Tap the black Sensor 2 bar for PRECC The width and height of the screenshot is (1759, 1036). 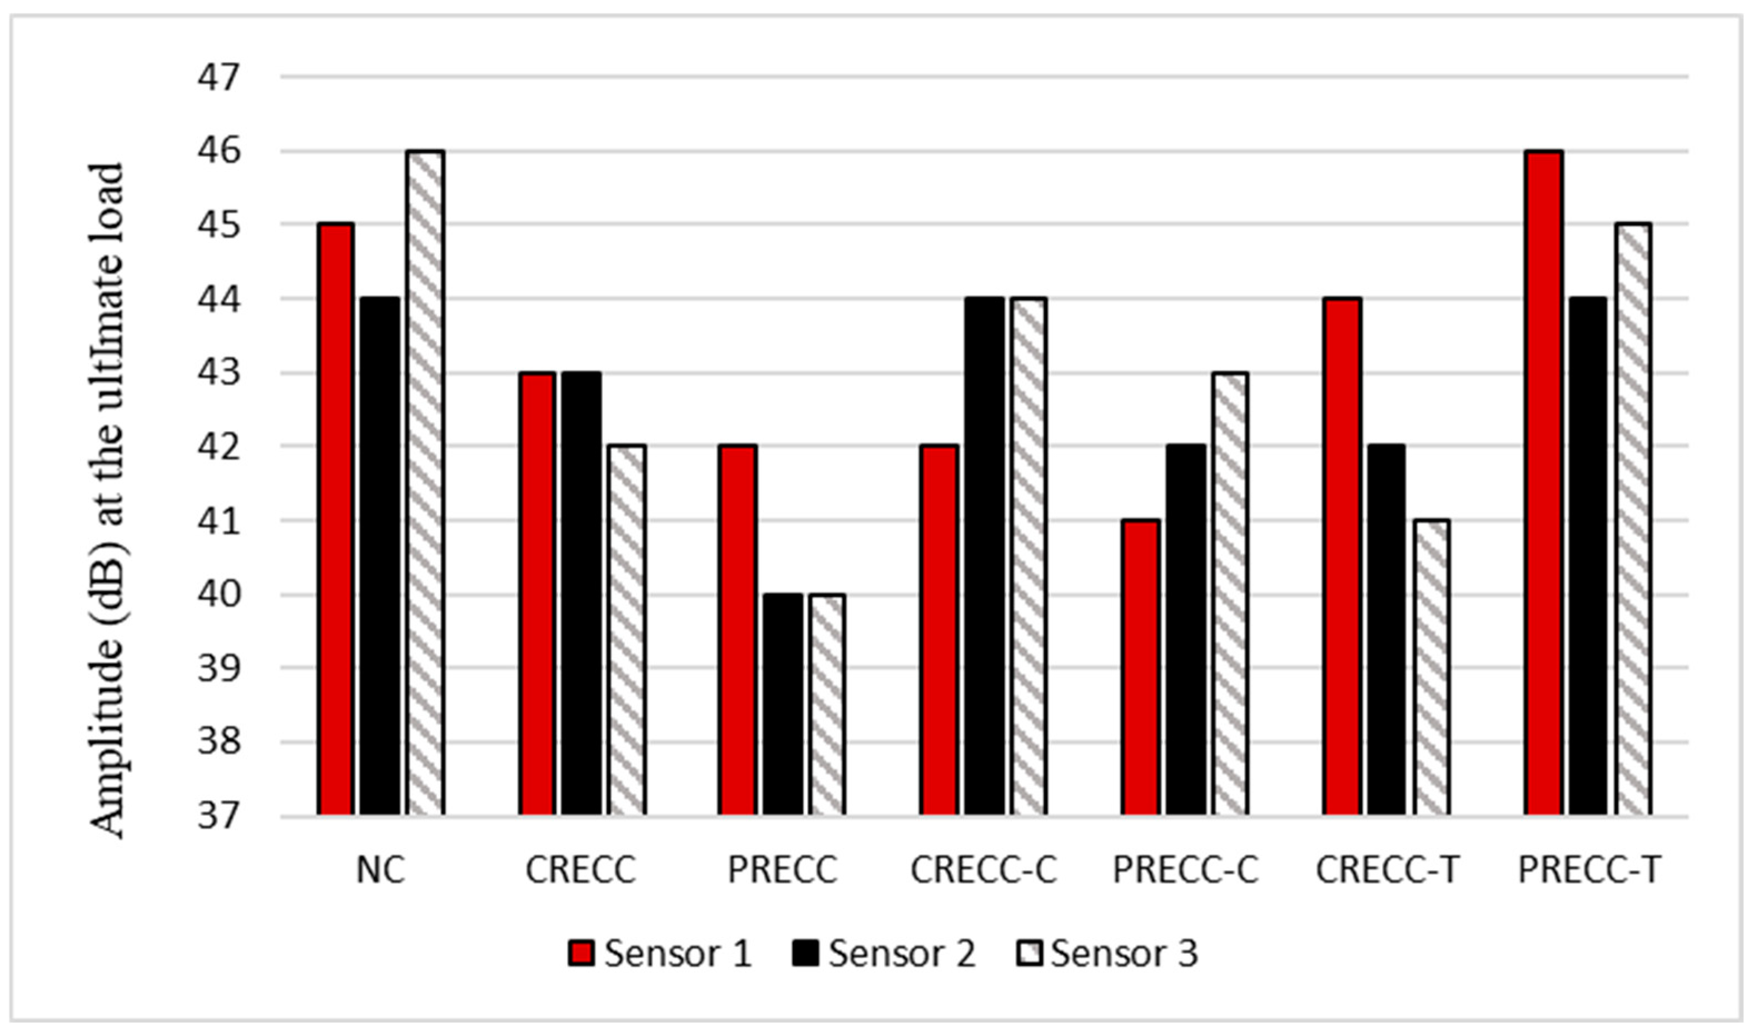pos(783,705)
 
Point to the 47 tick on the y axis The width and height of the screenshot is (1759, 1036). pos(218,77)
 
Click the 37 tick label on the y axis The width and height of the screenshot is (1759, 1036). pos(218,816)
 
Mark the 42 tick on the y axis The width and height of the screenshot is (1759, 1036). pos(218,447)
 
